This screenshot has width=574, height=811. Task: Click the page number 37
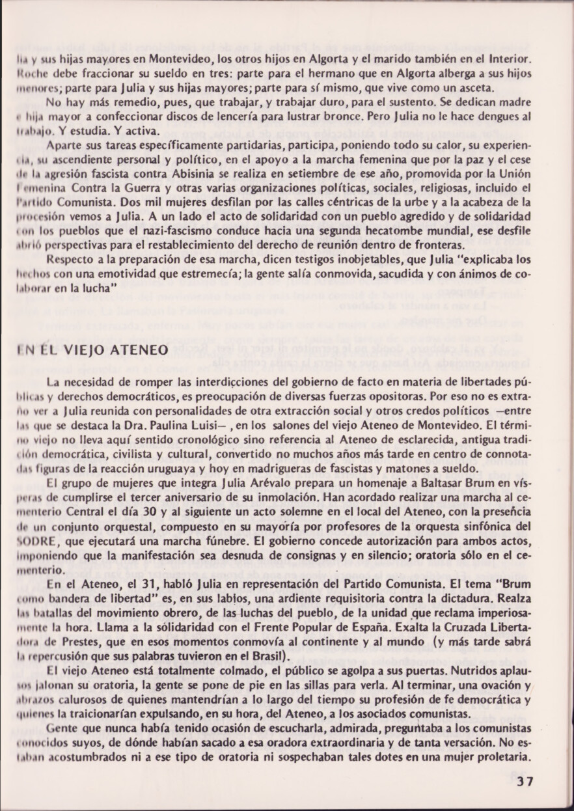point(525,782)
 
